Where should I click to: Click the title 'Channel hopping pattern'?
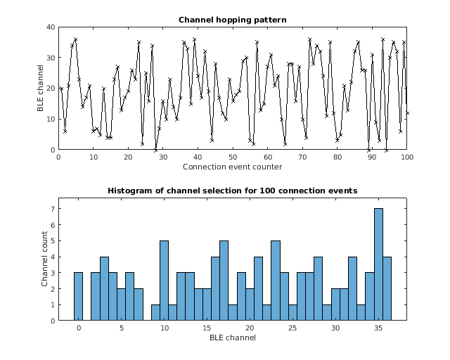(x=232, y=19)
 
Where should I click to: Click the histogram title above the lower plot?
(x=232, y=191)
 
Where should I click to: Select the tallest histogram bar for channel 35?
(x=378, y=264)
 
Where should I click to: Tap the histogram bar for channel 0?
(x=78, y=296)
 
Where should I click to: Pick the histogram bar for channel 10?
(x=164, y=281)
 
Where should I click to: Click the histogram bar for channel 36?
(x=387, y=288)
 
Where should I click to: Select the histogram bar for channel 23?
(x=276, y=281)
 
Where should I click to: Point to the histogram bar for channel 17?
(x=224, y=281)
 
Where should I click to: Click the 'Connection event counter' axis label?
(x=232, y=167)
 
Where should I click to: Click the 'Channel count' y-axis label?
(x=44, y=259)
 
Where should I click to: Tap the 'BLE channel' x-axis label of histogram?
(x=232, y=338)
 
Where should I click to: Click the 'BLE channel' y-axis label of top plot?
(x=41, y=89)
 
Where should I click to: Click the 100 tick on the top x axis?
(x=406, y=157)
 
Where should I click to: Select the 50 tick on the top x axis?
(x=232, y=157)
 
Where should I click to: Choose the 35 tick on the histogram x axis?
(x=378, y=328)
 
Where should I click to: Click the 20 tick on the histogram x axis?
(x=250, y=328)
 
